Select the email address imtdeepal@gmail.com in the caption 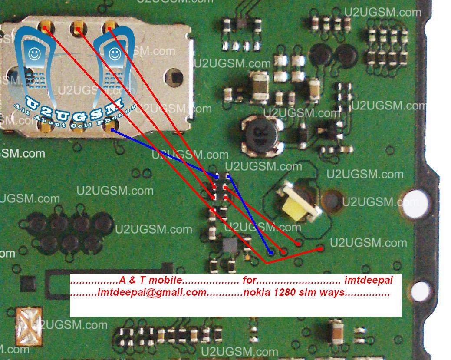[x=152, y=292]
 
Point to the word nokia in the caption [x=257, y=292]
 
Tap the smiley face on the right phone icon [x=114, y=54]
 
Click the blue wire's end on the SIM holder [x=112, y=129]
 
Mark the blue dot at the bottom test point [x=270, y=251]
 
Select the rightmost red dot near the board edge [x=320, y=249]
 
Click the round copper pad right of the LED [x=333, y=201]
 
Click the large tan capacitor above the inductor [x=260, y=82]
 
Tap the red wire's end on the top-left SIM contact [x=45, y=29]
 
